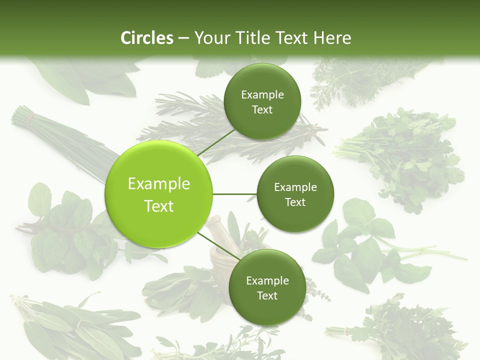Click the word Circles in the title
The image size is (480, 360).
pyautogui.click(x=146, y=38)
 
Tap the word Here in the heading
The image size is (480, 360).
pyautogui.click(x=332, y=38)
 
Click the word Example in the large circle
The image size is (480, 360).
pyautogui.click(x=159, y=184)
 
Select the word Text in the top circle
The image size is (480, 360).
pyautogui.click(x=262, y=110)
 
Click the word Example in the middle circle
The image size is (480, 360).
pyautogui.click(x=295, y=187)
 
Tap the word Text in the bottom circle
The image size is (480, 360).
pyautogui.click(x=267, y=295)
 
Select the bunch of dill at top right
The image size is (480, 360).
pyautogui.click(x=360, y=80)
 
